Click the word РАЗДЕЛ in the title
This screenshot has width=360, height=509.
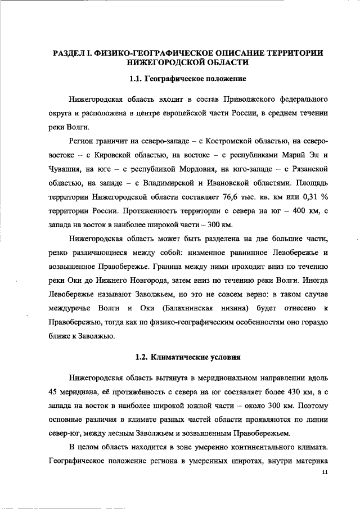(70, 53)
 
